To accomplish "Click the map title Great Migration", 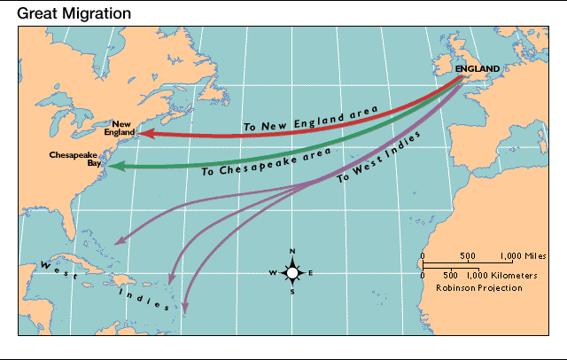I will click(x=74, y=14).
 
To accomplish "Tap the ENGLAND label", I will click(x=478, y=68).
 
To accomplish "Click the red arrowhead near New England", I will click(x=141, y=134).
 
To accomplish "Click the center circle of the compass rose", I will click(x=292, y=272).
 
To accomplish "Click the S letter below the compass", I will click(x=292, y=292).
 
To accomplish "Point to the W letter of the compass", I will click(x=273, y=272).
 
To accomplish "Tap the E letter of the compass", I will click(x=311, y=272).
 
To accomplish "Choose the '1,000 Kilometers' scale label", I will click(x=508, y=276).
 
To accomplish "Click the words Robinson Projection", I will click(x=479, y=287).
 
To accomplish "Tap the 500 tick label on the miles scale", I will click(x=469, y=255).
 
